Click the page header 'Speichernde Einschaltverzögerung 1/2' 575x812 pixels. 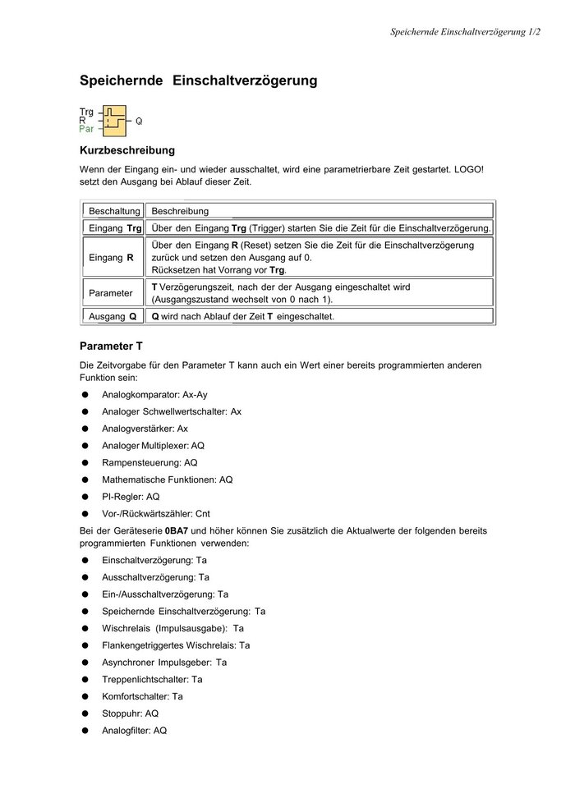coord(465,32)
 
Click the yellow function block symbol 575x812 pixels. coord(115,121)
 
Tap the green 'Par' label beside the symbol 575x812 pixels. coord(86,129)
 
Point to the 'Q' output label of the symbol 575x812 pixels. coord(139,121)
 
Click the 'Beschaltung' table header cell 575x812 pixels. coord(114,211)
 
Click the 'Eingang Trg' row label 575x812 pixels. coord(114,227)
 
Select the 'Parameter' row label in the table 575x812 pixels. coord(111,292)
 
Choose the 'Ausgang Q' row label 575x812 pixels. coord(113,316)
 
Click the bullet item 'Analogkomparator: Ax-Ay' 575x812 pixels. coord(154,395)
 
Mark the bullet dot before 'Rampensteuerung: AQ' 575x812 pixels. coord(85,463)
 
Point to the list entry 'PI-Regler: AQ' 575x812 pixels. coord(131,497)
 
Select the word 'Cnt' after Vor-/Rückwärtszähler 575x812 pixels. coord(203,514)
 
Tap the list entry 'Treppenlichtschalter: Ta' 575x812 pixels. coord(152,680)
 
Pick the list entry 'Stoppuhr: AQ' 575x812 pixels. coord(130,713)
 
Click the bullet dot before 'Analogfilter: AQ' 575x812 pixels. coord(85,731)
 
